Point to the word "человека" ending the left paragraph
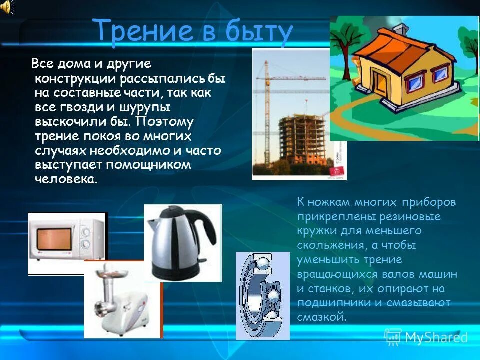(x=64, y=179)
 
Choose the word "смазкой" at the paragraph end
(x=321, y=317)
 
